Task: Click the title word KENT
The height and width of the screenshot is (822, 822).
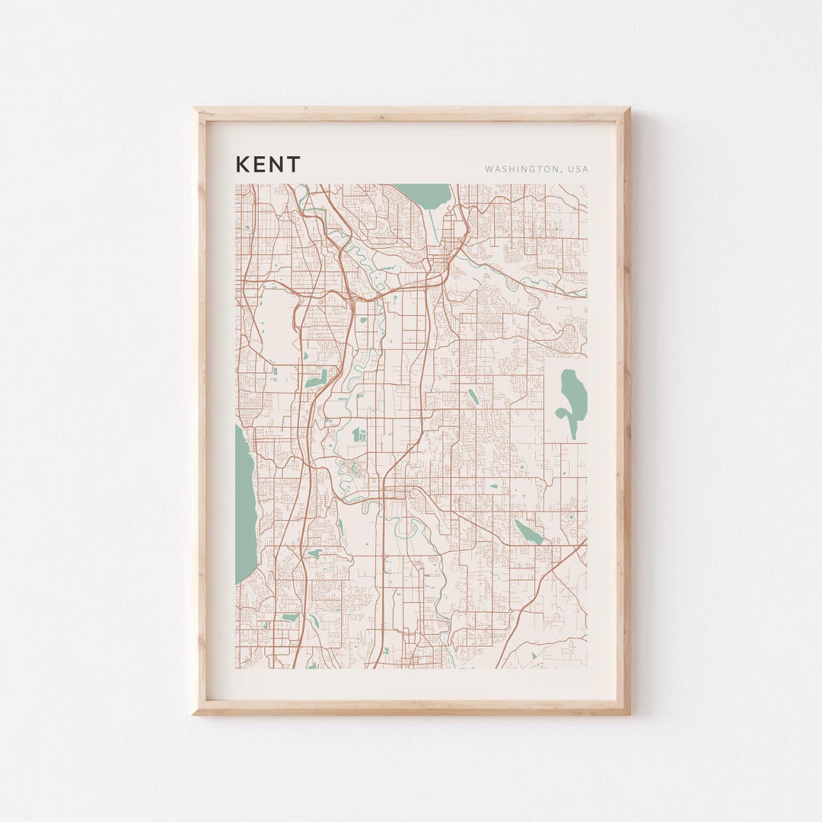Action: click(x=268, y=164)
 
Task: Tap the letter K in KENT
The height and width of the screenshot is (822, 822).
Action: click(x=241, y=164)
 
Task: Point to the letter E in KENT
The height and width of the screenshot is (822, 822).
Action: click(x=259, y=164)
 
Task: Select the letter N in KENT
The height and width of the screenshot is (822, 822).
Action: click(x=276, y=164)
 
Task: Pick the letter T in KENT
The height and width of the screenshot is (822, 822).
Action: click(x=294, y=164)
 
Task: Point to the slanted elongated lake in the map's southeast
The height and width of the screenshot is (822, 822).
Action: click(x=529, y=532)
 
